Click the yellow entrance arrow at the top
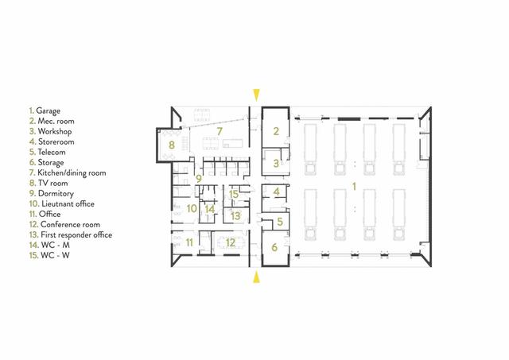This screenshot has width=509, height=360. (x=255, y=94)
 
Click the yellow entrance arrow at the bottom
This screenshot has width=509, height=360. (x=255, y=277)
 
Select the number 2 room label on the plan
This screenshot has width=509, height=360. (x=275, y=131)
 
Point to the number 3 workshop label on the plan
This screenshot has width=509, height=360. (x=275, y=163)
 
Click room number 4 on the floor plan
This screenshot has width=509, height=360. (x=276, y=192)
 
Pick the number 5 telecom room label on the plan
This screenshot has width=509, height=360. (x=279, y=222)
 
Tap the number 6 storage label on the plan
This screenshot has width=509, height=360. (x=275, y=248)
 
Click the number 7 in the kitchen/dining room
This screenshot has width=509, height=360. (x=220, y=129)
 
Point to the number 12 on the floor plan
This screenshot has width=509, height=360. (x=230, y=242)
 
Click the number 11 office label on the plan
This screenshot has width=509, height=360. (x=189, y=242)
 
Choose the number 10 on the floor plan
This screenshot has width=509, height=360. (x=191, y=210)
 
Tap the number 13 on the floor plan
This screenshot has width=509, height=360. (x=235, y=215)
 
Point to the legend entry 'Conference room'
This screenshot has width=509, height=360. (x=64, y=224)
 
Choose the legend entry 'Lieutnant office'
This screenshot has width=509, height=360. (x=63, y=203)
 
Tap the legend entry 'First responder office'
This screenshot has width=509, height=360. (x=71, y=234)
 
